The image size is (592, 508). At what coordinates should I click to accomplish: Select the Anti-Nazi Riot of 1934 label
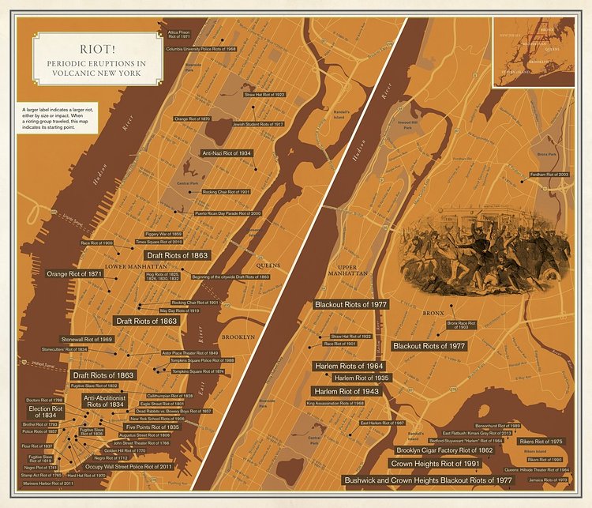click(x=227, y=153)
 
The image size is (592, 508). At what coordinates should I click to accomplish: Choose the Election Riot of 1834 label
click(x=46, y=412)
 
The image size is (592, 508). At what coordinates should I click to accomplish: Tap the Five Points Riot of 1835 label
click(x=152, y=427)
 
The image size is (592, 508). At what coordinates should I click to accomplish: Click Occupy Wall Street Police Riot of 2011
click(x=129, y=467)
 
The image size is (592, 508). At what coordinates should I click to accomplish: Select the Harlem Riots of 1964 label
click(x=349, y=367)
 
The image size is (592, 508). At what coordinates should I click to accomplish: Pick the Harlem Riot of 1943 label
click(x=348, y=391)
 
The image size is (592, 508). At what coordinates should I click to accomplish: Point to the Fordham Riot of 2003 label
click(x=549, y=174)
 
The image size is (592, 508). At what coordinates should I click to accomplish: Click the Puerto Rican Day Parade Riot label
click(x=227, y=213)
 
